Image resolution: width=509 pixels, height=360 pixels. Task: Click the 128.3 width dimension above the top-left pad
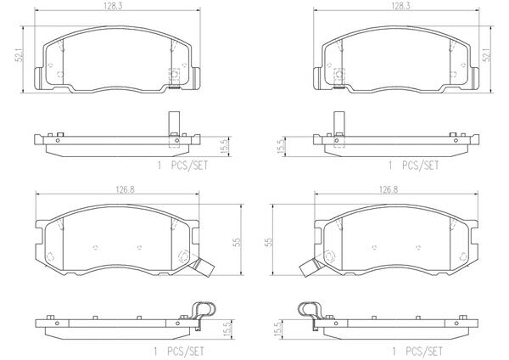(113, 6)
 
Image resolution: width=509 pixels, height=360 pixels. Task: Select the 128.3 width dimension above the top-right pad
(400, 6)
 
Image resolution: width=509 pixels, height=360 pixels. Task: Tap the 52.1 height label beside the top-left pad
(20, 54)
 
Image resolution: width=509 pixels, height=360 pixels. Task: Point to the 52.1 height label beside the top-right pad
(487, 54)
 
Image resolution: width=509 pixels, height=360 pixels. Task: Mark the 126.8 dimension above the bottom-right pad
(389, 189)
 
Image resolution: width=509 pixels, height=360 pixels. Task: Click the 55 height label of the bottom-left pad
(238, 242)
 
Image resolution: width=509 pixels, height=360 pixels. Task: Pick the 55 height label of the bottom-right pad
(269, 242)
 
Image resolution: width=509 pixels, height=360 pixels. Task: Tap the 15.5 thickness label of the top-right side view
(282, 146)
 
